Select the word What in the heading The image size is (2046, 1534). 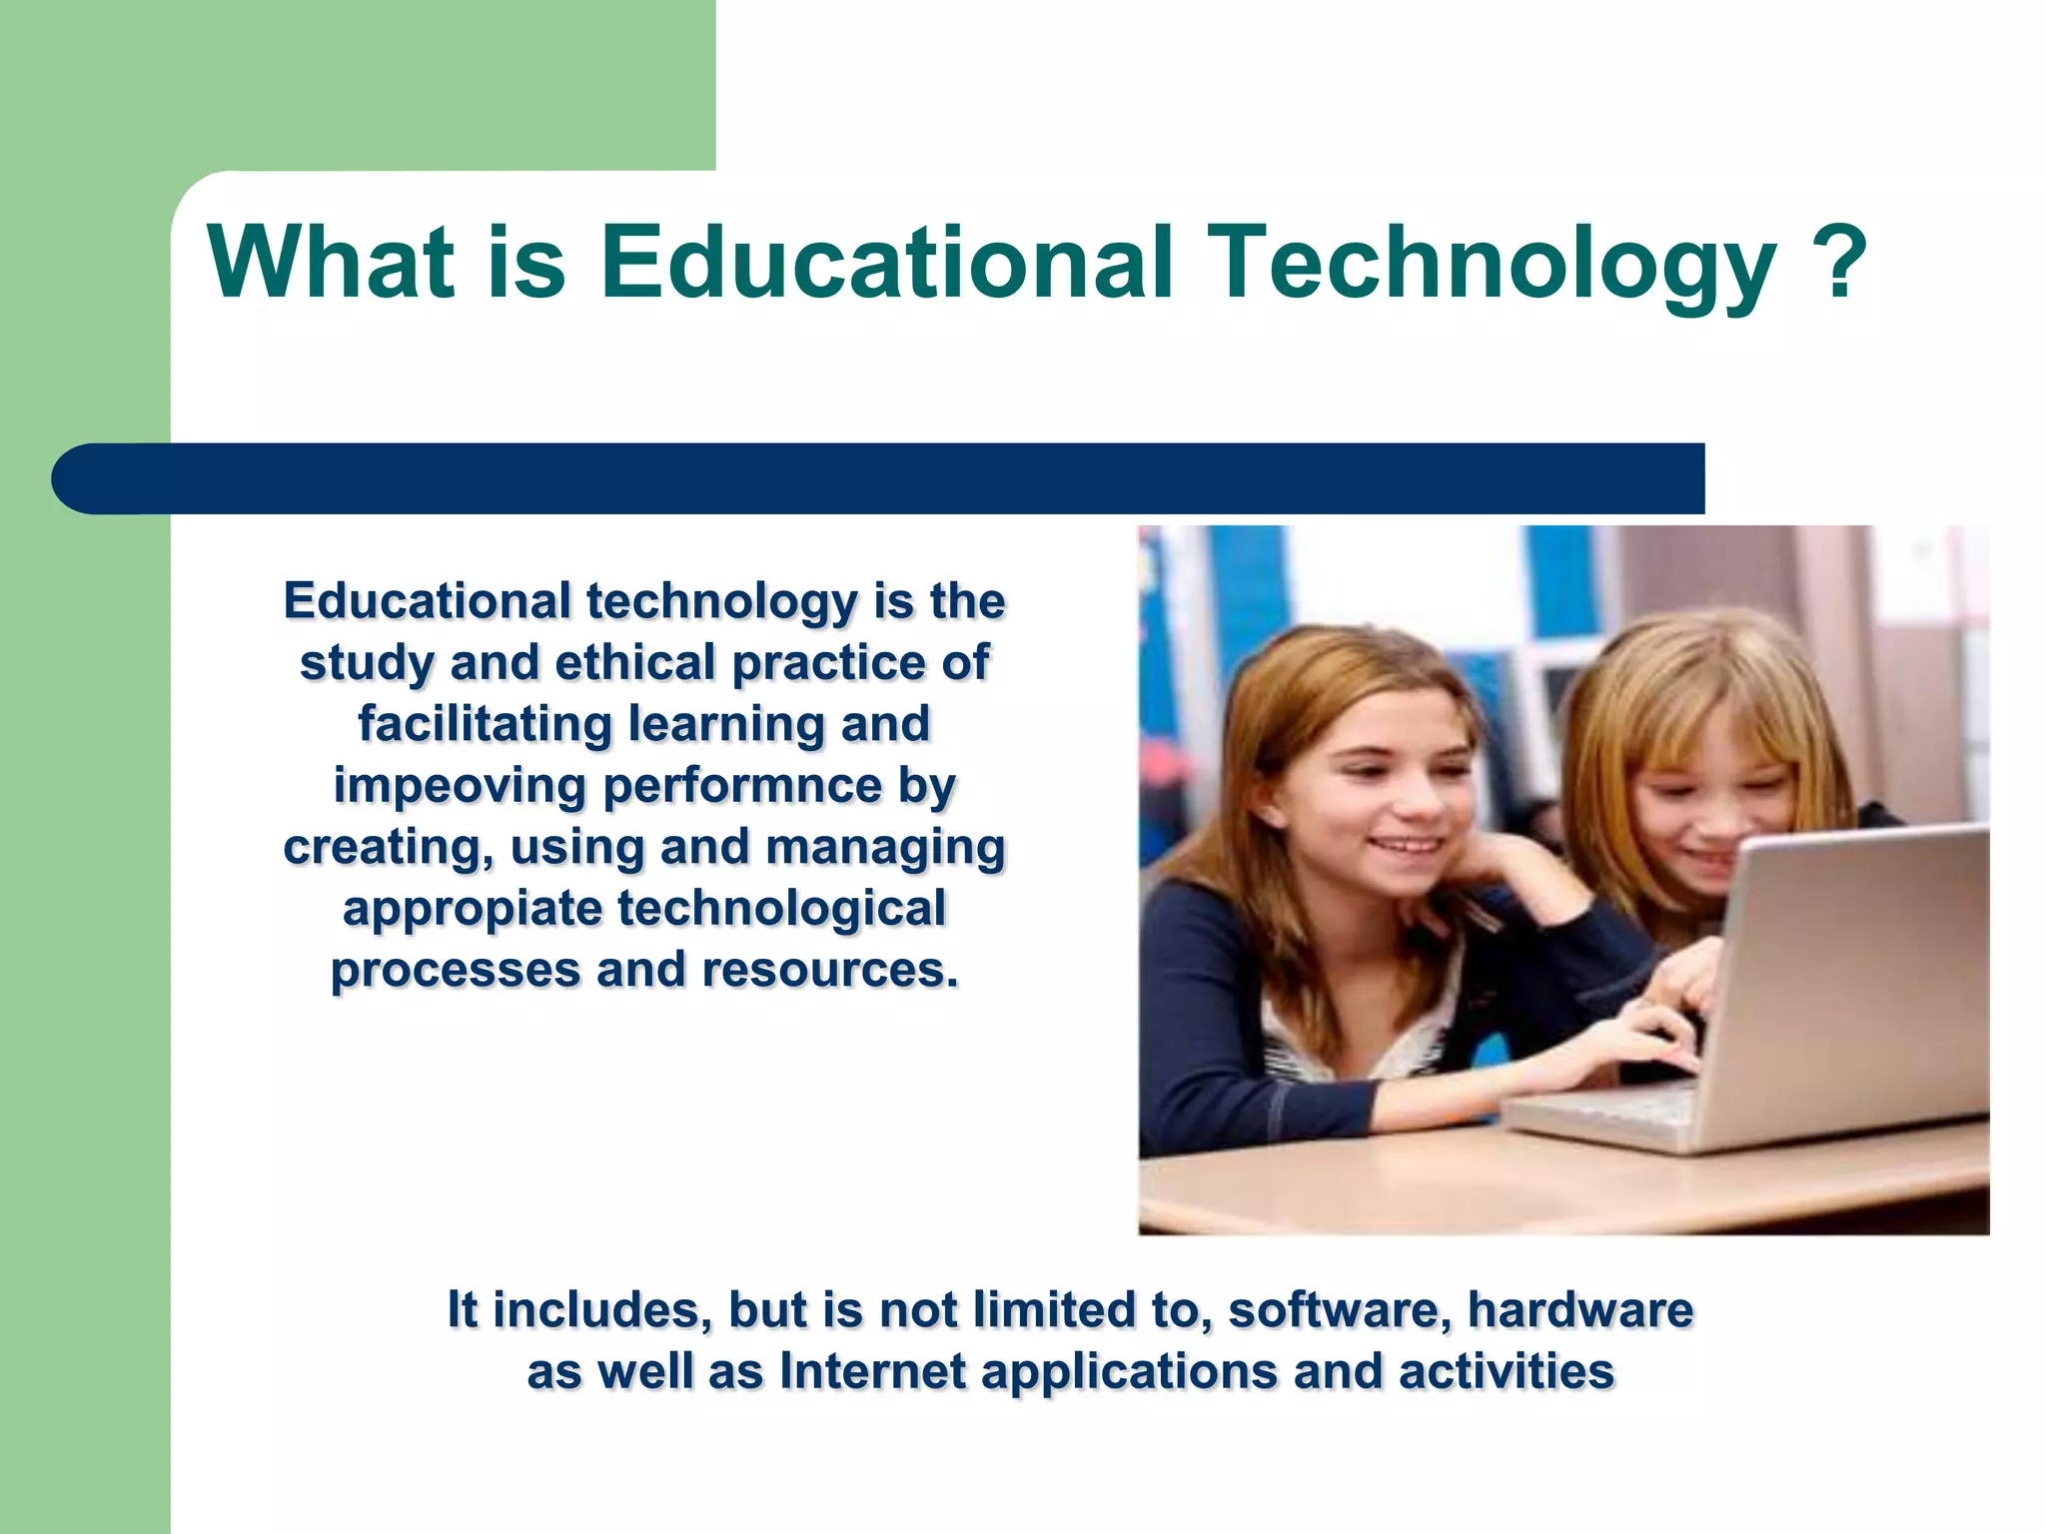[x=331, y=262]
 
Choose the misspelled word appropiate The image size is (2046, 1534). [x=472, y=909]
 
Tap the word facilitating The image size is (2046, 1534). [x=485, y=724]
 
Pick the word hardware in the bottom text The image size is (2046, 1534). [x=1580, y=1310]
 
